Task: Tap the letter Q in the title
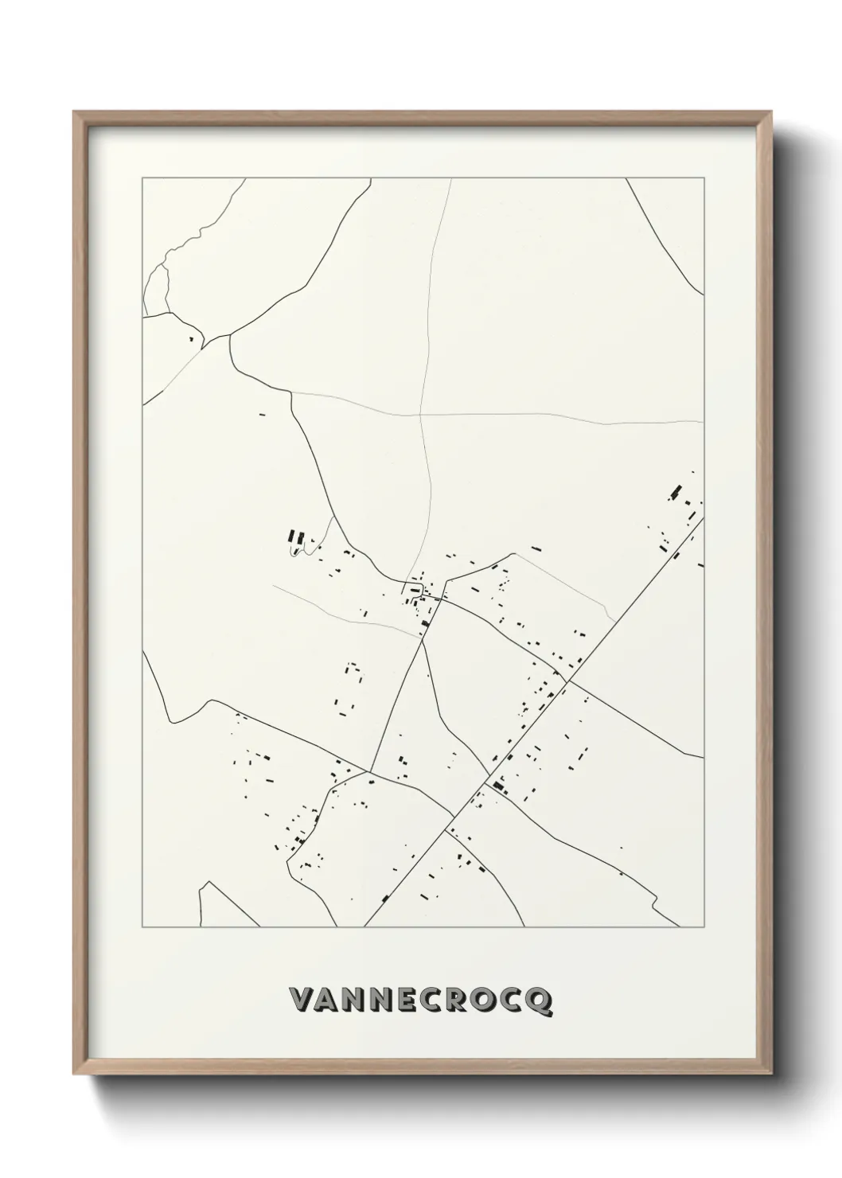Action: pos(539,1002)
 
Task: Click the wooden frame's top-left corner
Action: pos(75,113)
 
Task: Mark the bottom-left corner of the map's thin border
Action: pos(142,927)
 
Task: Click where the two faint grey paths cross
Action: pos(421,415)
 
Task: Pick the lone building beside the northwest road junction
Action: pos(192,339)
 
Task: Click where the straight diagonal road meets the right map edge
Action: pos(704,519)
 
